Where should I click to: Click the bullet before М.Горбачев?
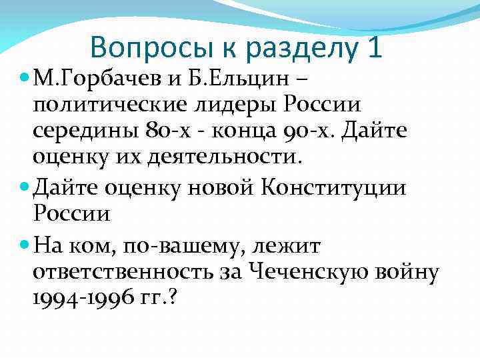pyautogui.click(x=25, y=79)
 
